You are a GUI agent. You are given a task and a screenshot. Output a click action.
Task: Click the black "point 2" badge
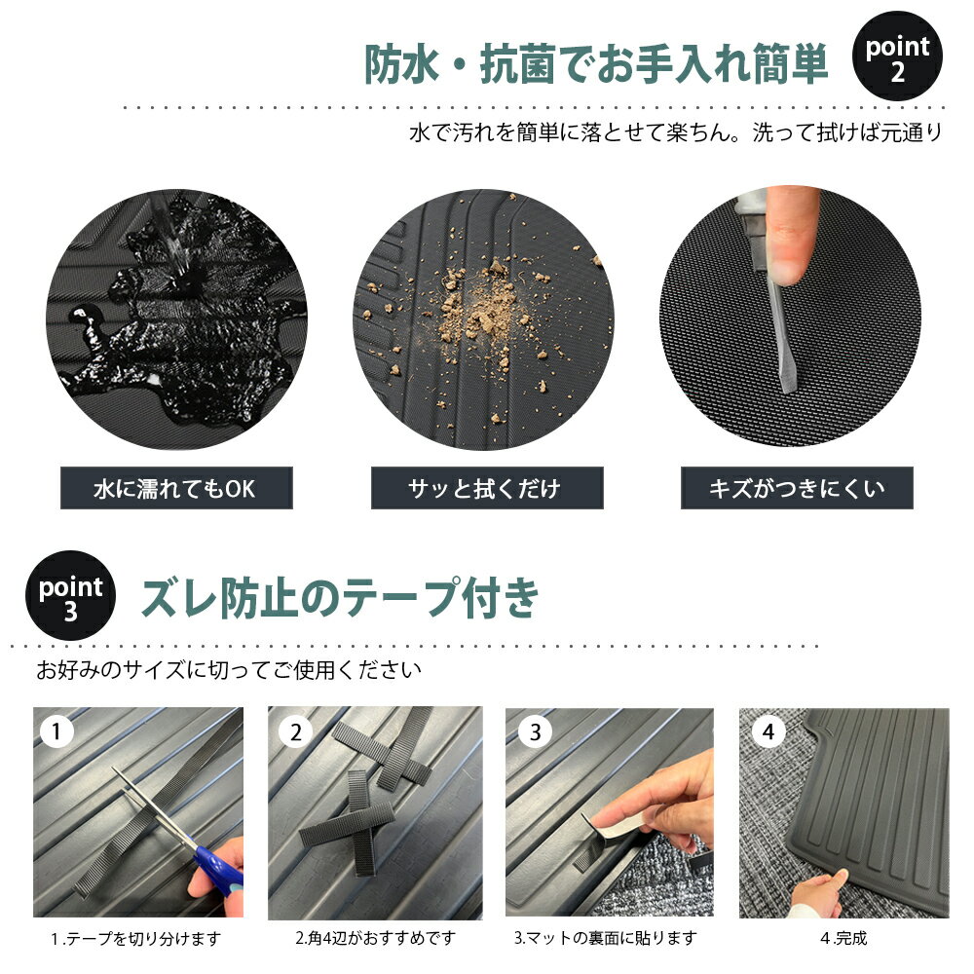[897, 56]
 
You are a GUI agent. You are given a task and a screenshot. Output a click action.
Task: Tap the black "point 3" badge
[70, 595]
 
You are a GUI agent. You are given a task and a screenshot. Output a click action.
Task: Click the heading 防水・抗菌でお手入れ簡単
[596, 64]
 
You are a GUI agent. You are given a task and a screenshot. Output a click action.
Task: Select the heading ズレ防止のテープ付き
[340, 598]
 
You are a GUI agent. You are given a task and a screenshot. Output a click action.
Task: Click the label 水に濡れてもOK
[176, 488]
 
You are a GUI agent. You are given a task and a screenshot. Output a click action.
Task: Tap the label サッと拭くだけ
[487, 488]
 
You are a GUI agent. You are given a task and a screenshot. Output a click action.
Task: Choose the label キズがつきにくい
[797, 488]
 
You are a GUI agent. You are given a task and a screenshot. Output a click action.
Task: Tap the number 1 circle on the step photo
[56, 731]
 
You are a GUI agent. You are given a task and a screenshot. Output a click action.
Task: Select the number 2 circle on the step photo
[296, 732]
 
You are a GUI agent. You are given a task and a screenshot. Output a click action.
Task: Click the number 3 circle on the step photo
[535, 732]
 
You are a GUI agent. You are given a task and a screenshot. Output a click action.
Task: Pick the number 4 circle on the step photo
[768, 731]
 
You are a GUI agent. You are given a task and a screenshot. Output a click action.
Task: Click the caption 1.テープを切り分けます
[136, 939]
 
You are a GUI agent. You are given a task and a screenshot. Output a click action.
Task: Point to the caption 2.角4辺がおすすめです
[375, 937]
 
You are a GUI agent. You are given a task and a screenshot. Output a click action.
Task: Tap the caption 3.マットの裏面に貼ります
[606, 937]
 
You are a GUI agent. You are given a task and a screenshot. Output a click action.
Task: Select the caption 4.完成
[843, 937]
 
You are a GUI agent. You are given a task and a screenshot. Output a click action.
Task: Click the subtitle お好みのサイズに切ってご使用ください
[229, 670]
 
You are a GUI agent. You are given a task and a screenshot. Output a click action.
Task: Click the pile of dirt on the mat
[481, 311]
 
